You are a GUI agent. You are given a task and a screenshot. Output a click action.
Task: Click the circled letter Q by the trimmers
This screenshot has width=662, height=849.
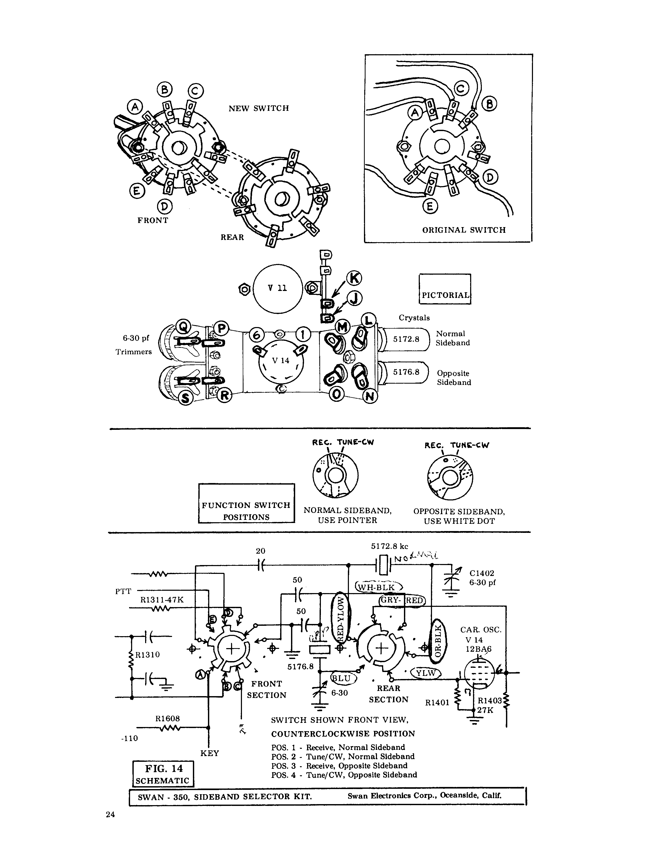click(x=183, y=325)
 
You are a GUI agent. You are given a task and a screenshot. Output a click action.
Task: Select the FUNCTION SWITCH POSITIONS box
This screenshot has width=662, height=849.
click(x=246, y=503)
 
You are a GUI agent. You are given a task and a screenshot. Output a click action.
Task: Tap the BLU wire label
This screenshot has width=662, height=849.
click(x=342, y=679)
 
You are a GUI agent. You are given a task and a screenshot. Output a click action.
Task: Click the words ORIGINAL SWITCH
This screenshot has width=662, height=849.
click(x=464, y=230)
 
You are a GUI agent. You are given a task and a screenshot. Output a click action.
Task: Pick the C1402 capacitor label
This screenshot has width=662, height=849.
click(x=482, y=573)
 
